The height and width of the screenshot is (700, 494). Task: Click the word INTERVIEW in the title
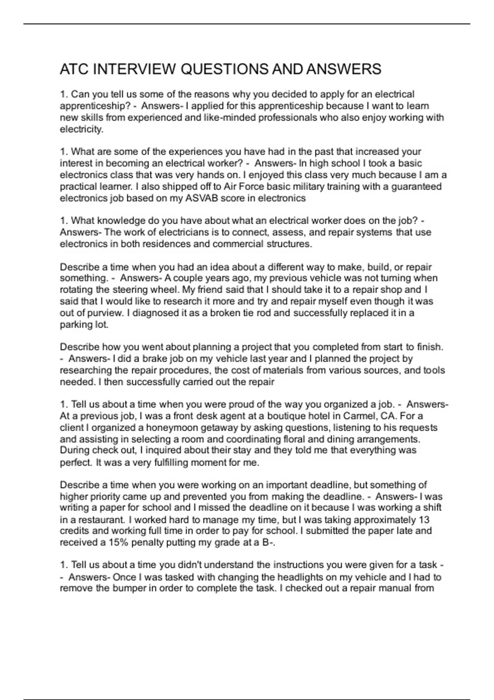[134, 69]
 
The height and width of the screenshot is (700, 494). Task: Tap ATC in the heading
[74, 69]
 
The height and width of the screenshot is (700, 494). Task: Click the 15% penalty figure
[119, 542]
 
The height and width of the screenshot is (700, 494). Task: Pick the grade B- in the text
[268, 542]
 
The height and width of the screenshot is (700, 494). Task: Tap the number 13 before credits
[424, 520]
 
